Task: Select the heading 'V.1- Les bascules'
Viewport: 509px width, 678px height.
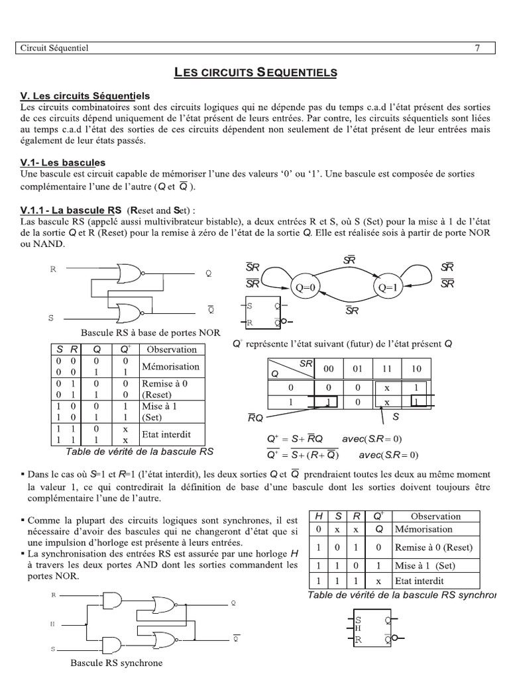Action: pos(63,162)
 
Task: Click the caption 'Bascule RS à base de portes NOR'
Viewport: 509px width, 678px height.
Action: pos(150,332)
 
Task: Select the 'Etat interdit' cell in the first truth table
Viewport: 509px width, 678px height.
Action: pos(166,435)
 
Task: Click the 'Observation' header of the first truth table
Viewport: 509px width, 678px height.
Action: pos(172,349)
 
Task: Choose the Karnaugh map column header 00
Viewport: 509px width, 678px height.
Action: pos(329,368)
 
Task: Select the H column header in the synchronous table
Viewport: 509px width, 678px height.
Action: pos(318,516)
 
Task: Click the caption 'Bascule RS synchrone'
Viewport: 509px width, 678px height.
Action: pos(116,663)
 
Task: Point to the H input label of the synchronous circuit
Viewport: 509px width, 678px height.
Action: pos(53,624)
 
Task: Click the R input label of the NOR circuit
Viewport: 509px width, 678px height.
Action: pos(52,269)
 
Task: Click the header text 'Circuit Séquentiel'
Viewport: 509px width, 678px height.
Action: pos(55,48)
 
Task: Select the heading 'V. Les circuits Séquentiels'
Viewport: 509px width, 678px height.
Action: pos(85,96)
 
